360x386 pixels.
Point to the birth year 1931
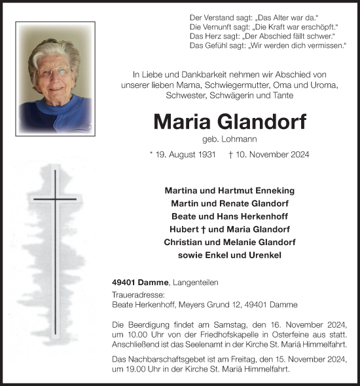[206, 155]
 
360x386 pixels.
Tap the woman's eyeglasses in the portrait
[56, 71]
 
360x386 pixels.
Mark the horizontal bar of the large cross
[55, 198]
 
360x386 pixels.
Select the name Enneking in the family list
[273, 190]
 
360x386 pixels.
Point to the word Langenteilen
[198, 282]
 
